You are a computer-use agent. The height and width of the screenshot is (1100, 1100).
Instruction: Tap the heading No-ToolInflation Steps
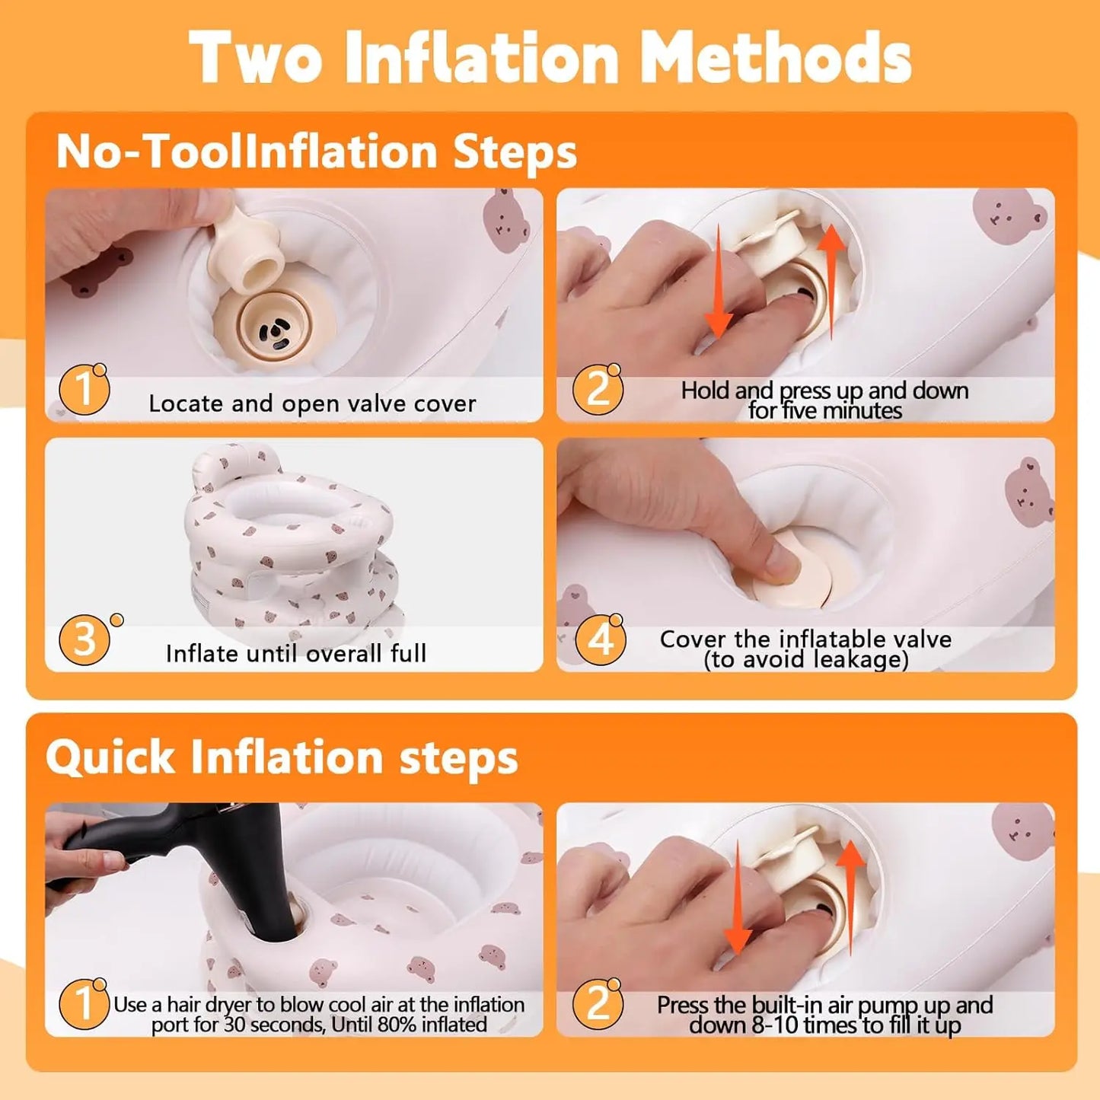(317, 151)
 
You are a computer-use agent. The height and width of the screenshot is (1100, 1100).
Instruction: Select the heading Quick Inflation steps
(282, 757)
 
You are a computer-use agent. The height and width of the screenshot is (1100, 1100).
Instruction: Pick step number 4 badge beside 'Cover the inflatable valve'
(600, 639)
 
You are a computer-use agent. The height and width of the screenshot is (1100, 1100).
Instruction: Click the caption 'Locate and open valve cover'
(312, 403)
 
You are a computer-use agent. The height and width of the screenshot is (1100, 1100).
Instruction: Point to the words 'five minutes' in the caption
(825, 410)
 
